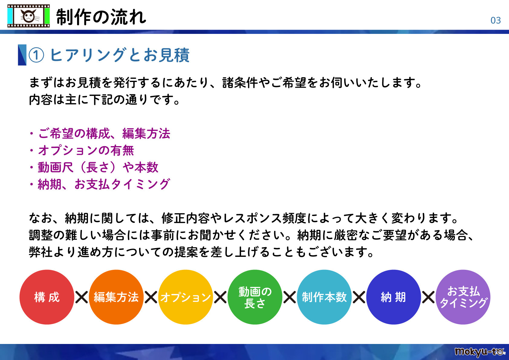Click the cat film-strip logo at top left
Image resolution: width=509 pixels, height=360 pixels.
tap(28, 16)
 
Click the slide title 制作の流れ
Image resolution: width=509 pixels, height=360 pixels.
tap(101, 17)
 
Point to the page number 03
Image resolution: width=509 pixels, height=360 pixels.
tap(495, 21)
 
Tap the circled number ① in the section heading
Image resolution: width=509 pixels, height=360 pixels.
tap(36, 55)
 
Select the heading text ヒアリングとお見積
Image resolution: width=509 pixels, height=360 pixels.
tap(120, 55)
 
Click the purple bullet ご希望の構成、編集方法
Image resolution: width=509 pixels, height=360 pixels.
tap(104, 133)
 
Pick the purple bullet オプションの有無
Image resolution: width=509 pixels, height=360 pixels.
tap(86, 150)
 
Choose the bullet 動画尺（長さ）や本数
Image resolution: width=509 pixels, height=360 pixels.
tap(98, 167)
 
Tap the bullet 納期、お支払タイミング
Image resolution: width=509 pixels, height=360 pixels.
tap(104, 184)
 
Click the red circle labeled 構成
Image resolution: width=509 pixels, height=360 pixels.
tap(47, 297)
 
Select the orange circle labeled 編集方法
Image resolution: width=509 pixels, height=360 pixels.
tap(116, 297)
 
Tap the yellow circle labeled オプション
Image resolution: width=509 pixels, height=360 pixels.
tap(186, 297)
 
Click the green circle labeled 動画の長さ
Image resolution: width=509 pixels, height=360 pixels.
tap(255, 297)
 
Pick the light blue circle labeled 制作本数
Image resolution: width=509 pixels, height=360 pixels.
tap(324, 297)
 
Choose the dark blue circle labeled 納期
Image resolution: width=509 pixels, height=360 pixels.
tap(393, 297)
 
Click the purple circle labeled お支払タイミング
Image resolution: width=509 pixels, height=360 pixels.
tap(463, 297)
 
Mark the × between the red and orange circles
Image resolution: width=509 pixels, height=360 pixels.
tap(82, 297)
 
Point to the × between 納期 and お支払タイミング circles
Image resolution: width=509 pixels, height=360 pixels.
tap(428, 297)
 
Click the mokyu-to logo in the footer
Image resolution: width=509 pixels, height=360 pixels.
tap(480, 352)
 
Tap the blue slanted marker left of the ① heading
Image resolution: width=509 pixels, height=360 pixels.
tap(22, 55)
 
